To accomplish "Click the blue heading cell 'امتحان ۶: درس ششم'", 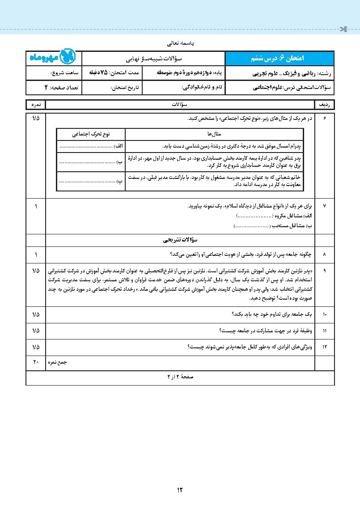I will (x=280, y=59).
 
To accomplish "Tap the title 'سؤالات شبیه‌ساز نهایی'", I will (x=154, y=59).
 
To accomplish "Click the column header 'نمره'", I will (x=36, y=105).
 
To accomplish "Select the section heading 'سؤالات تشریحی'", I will (x=180, y=240).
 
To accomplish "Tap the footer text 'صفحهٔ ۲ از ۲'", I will (x=180, y=377).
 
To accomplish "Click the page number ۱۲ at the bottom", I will (x=180, y=489).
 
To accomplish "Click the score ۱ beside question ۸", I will (x=36, y=254).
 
